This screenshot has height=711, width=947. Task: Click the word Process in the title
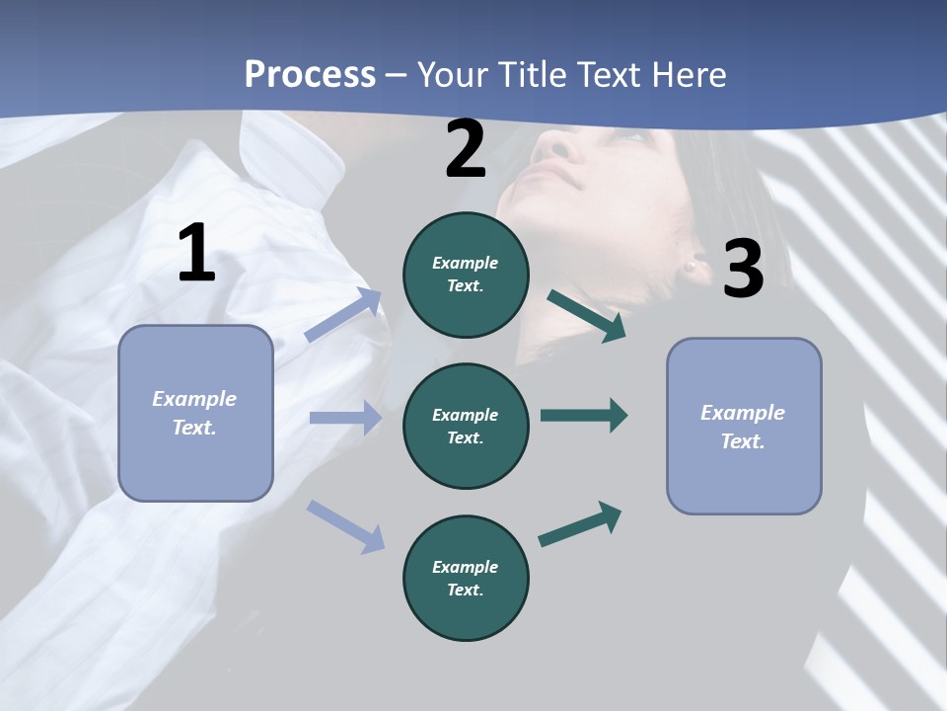[310, 75]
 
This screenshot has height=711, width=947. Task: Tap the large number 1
[196, 254]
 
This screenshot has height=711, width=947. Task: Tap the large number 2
[466, 149]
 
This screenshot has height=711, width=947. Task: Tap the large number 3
[743, 269]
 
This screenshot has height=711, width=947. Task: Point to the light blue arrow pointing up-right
[343, 315]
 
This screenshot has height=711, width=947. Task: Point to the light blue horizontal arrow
[345, 418]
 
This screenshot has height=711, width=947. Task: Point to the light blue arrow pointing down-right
[345, 525]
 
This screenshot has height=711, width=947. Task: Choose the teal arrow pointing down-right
[587, 315]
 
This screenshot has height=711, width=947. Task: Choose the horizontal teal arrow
[583, 415]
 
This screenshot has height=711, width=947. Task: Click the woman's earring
[692, 265]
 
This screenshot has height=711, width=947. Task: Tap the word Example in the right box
[743, 413]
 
